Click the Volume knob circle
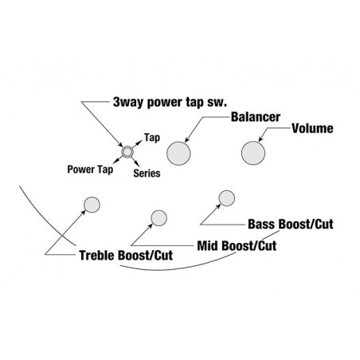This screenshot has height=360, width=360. [x=253, y=153]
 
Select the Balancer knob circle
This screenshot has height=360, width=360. [x=178, y=153]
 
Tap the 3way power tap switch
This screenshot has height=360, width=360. [x=127, y=152]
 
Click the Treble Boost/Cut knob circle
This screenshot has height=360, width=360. [x=92, y=205]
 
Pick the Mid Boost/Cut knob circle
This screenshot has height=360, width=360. [x=158, y=218]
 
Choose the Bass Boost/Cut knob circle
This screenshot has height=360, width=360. [x=227, y=198]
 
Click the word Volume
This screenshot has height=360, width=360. [x=312, y=128]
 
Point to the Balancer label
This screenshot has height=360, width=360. [x=256, y=117]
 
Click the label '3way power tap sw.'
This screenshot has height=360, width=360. [x=170, y=102]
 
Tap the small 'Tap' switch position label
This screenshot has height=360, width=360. [x=152, y=138]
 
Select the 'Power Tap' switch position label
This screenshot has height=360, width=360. [x=90, y=170]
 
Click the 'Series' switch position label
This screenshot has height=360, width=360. [x=147, y=173]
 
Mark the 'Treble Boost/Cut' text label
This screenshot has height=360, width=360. [x=126, y=256]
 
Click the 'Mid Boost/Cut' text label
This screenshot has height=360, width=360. [x=237, y=245]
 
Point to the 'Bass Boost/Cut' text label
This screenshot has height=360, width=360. [x=291, y=224]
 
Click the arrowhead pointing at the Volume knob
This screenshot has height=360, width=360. [x=260, y=139]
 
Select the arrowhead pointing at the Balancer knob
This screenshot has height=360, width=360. [x=186, y=139]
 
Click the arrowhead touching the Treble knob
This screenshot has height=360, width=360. [x=84, y=212]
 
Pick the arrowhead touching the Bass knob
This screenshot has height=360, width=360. [x=218, y=206]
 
